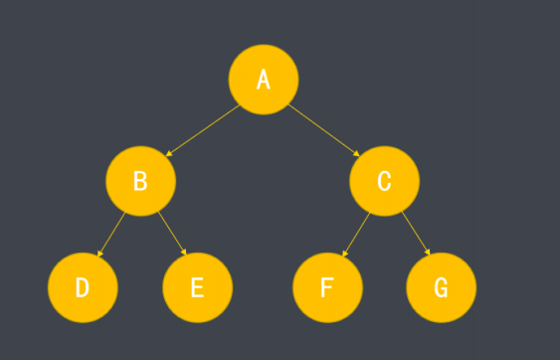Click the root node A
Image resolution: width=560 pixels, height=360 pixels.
[264, 80]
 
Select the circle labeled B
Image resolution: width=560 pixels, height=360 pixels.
[140, 181]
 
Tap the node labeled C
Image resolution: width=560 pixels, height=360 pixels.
[384, 181]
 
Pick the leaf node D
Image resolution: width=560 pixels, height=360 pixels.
[83, 287]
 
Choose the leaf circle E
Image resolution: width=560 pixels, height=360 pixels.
[198, 287]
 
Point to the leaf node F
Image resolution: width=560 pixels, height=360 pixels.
[327, 287]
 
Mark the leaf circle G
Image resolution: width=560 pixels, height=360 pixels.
[441, 287]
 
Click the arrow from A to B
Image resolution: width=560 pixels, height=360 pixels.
[203, 130]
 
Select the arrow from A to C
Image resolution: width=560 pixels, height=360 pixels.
[323, 130]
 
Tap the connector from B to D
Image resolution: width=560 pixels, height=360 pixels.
[111, 235]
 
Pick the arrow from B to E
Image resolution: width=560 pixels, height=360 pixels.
[172, 234]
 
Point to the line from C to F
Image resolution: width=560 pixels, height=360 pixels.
[356, 235]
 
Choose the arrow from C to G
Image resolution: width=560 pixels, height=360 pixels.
[416, 234]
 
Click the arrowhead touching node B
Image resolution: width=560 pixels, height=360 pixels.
[169, 153]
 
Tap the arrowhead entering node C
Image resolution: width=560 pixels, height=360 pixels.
[356, 153]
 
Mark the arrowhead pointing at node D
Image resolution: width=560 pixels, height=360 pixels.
[100, 254]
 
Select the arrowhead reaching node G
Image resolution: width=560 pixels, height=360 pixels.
[428, 252]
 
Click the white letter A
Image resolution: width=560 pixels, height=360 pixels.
[264, 79]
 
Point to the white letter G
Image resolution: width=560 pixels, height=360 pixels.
[441, 287]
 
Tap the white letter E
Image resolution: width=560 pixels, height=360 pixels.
[198, 287]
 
